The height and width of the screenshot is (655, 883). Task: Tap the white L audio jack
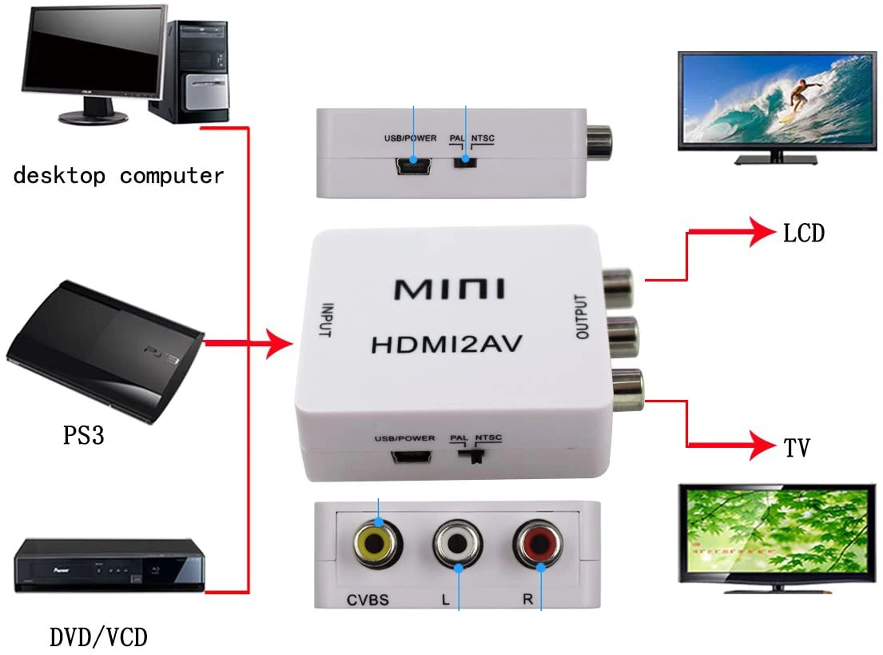click(459, 547)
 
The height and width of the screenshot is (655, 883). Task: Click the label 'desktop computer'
click(119, 176)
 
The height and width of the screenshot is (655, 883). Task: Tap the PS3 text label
click(84, 437)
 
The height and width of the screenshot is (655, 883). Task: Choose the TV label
click(797, 448)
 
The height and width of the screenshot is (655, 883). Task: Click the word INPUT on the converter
click(325, 321)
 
